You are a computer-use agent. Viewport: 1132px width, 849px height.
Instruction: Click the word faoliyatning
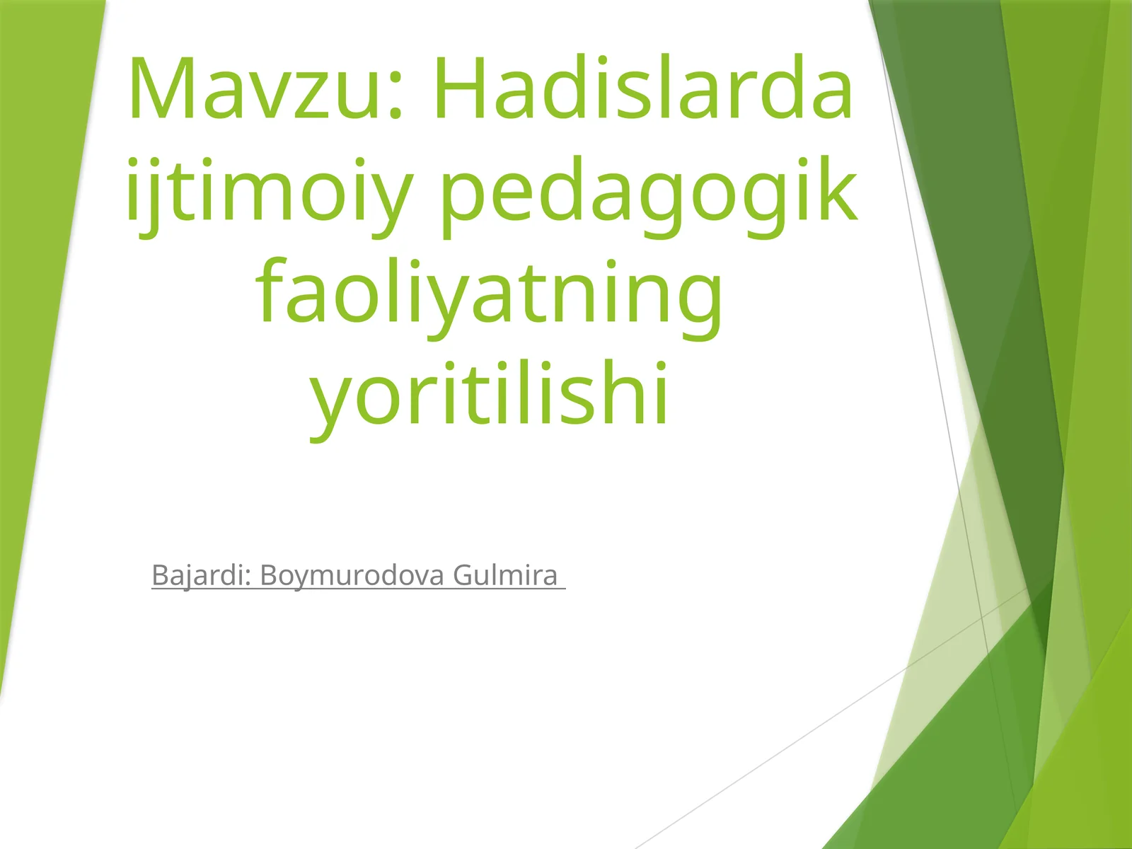[x=490, y=292]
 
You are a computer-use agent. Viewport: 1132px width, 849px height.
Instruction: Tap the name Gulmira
[x=505, y=575]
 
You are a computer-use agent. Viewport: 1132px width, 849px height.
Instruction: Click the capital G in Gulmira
[x=462, y=575]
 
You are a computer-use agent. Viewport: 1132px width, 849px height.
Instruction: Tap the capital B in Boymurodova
[x=270, y=575]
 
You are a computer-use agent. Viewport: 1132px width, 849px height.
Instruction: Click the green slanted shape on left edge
[x=35, y=318]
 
